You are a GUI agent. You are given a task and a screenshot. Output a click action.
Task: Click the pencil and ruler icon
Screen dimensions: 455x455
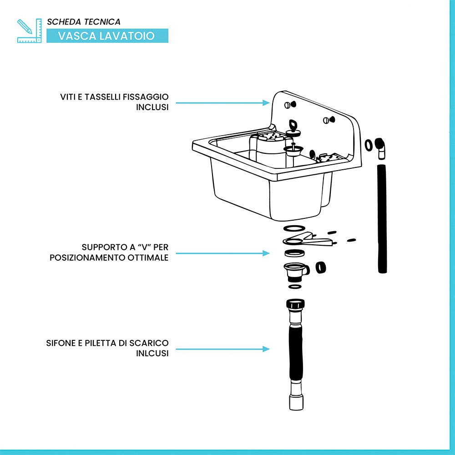coord(26,30)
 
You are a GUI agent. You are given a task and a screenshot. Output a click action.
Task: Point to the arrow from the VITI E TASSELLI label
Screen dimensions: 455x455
coord(222,103)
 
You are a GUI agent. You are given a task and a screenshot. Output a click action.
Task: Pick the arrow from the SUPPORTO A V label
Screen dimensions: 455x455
coord(222,253)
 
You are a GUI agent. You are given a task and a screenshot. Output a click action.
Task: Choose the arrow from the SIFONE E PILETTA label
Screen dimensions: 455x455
coord(222,349)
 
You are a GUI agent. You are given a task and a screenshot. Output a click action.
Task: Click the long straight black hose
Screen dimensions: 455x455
coord(382,218)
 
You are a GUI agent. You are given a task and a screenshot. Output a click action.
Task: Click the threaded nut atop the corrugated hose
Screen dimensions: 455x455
coord(296,304)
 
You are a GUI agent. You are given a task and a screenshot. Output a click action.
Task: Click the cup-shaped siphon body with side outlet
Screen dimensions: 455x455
coord(295,271)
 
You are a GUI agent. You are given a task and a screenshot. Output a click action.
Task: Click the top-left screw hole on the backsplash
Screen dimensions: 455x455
coord(288,105)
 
